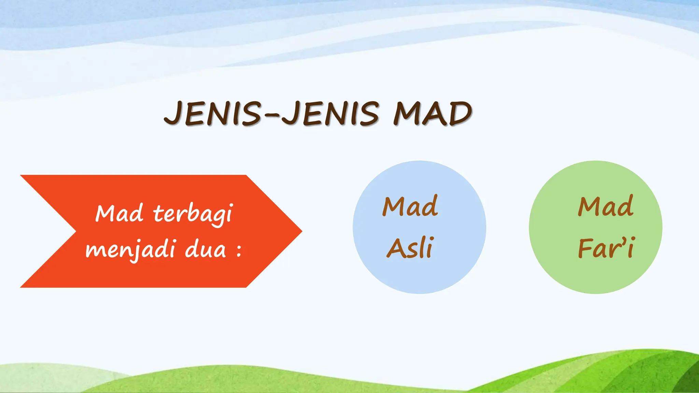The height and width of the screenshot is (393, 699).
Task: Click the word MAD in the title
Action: [432, 114]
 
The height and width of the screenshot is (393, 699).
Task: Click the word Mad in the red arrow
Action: [119, 213]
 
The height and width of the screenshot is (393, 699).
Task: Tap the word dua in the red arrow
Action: [205, 249]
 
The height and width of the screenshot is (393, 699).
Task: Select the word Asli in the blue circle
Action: [411, 248]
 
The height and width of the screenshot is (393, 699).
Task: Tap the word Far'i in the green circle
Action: [606, 248]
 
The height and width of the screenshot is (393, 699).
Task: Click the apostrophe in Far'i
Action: [622, 240]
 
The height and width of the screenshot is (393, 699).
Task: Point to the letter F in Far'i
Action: [585, 248]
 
